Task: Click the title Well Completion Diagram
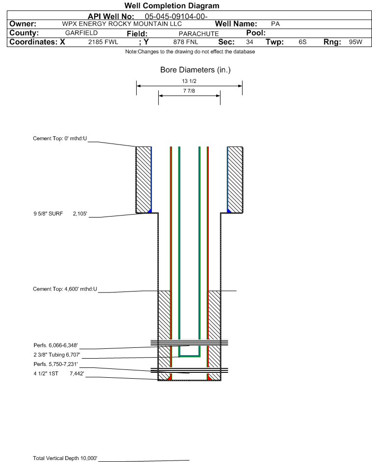pyautogui.click(x=172, y=6)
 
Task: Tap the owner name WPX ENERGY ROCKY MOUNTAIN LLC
pyautogui.click(x=122, y=24)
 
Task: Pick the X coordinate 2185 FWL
pyautogui.click(x=103, y=42)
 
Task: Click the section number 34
pyautogui.click(x=249, y=42)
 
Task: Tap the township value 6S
pyautogui.click(x=302, y=42)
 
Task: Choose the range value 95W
pyautogui.click(x=355, y=42)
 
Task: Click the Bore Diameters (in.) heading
pyautogui.click(x=195, y=70)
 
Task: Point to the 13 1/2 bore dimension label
pyautogui.click(x=189, y=81)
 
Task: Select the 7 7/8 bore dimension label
pyautogui.click(x=189, y=91)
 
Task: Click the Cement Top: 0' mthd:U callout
pyautogui.click(x=60, y=139)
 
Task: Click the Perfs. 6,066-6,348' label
pyautogui.click(x=55, y=345)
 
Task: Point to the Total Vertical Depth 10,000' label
pyautogui.click(x=65, y=458)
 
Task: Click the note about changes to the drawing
pyautogui.click(x=190, y=52)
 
